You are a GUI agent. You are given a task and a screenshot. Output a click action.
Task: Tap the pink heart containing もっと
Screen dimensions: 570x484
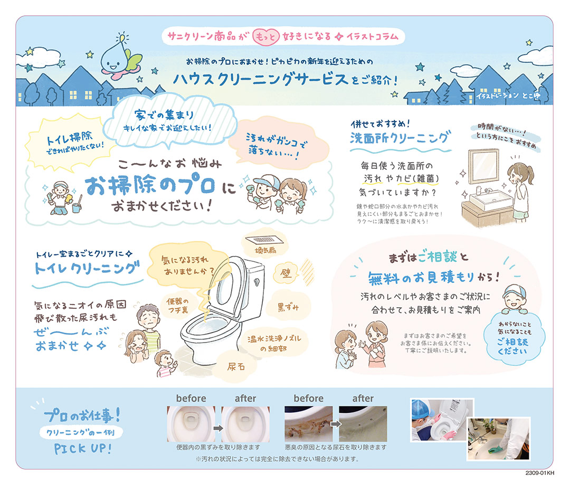[265, 37]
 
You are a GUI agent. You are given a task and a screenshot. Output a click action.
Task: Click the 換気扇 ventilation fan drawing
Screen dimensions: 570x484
[264, 240]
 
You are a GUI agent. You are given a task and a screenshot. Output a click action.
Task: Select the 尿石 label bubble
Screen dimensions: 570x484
[236, 366]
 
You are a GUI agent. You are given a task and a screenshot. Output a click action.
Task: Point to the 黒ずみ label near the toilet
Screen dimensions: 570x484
[288, 307]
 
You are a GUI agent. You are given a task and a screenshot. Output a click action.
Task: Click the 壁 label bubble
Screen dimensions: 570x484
[286, 273]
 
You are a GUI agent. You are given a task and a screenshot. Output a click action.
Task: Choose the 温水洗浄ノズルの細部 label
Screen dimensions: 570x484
[274, 343]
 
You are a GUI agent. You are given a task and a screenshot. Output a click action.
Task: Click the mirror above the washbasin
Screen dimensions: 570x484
[483, 168]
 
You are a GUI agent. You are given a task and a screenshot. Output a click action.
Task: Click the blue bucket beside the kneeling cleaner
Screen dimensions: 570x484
[77, 208]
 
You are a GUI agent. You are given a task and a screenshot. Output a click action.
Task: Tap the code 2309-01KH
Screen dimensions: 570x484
[539, 473]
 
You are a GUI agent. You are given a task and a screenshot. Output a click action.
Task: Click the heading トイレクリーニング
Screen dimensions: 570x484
[87, 269]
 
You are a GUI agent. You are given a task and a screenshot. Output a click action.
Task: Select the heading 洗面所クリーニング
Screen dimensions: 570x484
[400, 138]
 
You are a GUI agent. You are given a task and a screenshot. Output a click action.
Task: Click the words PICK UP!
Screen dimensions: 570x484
[83, 448]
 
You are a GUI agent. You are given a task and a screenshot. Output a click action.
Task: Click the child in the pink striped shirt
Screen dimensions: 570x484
[165, 363]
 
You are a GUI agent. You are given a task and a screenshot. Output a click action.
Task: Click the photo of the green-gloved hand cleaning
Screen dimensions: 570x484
[498, 439]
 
